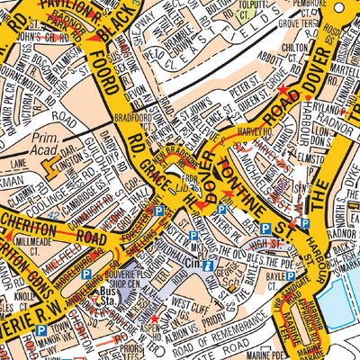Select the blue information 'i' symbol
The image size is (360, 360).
[x=209, y=267]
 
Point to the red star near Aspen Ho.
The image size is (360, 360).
[x=154, y=317]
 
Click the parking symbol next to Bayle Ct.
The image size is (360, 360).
[x=267, y=229]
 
